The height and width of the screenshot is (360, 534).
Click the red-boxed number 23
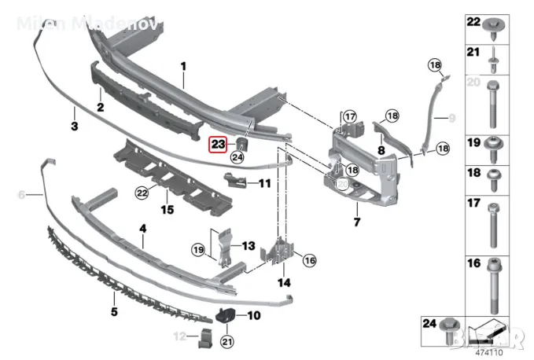pos(217,144)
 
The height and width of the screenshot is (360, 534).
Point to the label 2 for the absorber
pos(101,107)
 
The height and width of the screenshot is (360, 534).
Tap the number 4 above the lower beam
pos(143,229)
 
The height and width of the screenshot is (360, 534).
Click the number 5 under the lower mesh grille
pos(114,312)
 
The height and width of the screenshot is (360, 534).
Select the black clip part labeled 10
pos(227,316)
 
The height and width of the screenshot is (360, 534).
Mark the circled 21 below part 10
pos(227,340)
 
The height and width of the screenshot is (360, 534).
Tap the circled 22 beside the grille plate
pos(142,192)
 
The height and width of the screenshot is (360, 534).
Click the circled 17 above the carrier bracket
pos(349,117)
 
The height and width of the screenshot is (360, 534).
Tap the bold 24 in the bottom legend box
pos(429,323)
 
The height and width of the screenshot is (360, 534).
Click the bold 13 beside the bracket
pos(248,246)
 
